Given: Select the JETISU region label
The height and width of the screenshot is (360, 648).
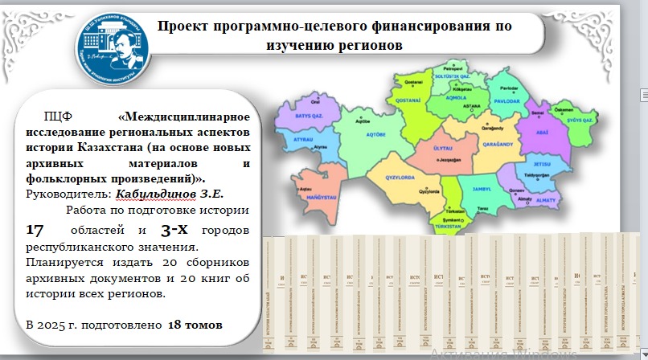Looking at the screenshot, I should tap(540, 163).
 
